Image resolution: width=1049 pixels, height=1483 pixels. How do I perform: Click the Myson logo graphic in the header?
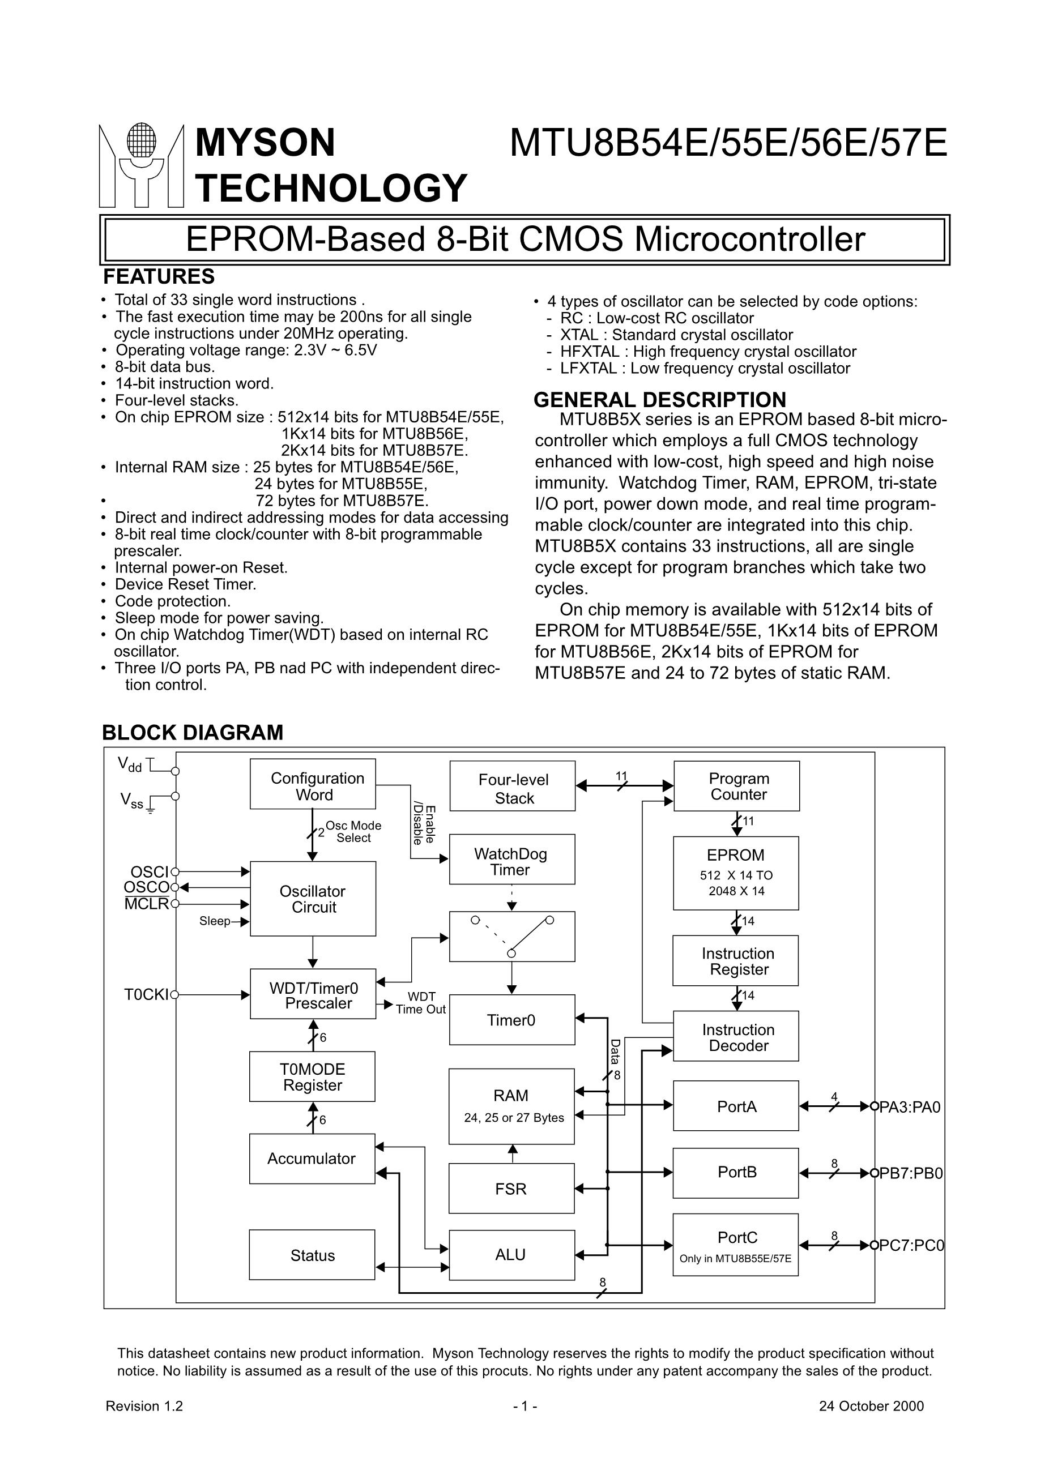[x=141, y=165]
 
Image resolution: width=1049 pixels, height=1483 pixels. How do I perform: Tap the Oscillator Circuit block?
[x=313, y=899]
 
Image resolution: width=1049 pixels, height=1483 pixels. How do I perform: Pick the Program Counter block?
[x=736, y=786]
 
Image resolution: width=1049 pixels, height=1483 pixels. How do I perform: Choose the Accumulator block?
[x=312, y=1159]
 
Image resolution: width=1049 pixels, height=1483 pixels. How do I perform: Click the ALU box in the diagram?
[x=511, y=1254]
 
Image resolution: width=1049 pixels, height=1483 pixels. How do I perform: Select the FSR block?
[x=511, y=1189]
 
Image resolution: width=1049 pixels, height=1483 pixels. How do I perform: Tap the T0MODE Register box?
[x=312, y=1078]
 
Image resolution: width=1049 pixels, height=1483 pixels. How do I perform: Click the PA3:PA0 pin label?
[x=910, y=1107]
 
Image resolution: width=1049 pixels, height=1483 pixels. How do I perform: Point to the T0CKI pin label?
[x=146, y=995]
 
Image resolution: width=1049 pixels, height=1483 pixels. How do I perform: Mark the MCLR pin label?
[x=147, y=904]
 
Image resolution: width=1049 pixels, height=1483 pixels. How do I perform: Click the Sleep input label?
[x=215, y=921]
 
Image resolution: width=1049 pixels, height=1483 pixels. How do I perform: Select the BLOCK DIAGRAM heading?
[x=193, y=733]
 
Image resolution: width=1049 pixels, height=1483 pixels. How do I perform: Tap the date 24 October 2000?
[x=871, y=1406]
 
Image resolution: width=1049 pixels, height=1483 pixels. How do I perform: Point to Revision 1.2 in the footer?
[x=144, y=1406]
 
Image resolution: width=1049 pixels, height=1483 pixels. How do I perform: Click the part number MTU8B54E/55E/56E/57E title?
[x=728, y=143]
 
